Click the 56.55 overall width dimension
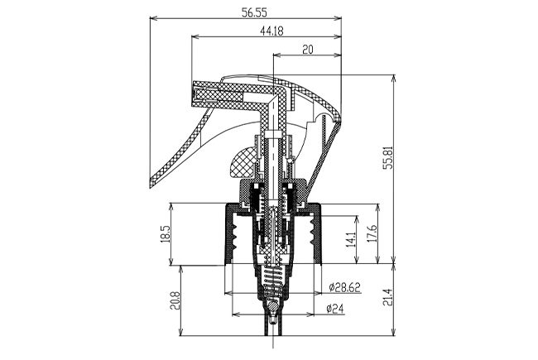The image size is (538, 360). click(254, 12)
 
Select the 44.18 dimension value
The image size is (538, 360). click(271, 31)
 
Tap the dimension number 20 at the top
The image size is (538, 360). click(308, 50)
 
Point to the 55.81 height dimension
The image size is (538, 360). click(388, 157)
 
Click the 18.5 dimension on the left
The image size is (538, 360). click(165, 234)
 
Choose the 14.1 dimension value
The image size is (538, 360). click(350, 239)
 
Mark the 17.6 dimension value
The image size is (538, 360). click(372, 233)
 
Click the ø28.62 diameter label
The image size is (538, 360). click(344, 288)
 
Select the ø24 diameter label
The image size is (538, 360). click(334, 309)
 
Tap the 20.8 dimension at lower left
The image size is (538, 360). click(175, 300)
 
